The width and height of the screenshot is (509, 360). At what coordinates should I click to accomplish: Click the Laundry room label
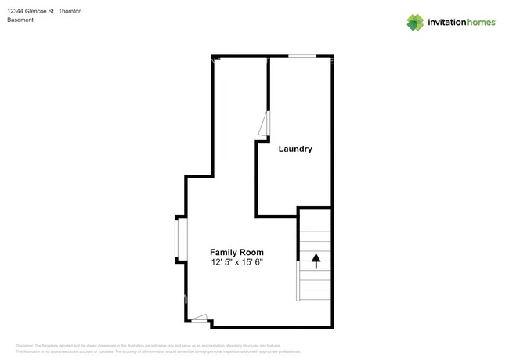coord(295,149)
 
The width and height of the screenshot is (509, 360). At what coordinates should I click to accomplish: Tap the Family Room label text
coord(236,252)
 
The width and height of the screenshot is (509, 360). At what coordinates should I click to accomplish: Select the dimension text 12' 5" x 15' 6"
coord(236,262)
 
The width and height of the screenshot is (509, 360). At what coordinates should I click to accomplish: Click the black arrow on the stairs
coord(316,261)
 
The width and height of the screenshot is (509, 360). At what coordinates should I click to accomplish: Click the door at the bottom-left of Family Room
coord(199,319)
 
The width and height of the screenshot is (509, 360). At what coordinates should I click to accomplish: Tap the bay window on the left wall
coord(179,239)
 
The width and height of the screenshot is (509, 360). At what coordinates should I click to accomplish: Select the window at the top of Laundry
coord(302,56)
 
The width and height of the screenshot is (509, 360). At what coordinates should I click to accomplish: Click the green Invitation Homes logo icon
coord(415,22)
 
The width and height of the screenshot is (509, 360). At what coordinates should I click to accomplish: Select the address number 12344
coord(16,11)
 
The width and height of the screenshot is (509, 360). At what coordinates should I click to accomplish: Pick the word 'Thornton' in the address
coord(69,11)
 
